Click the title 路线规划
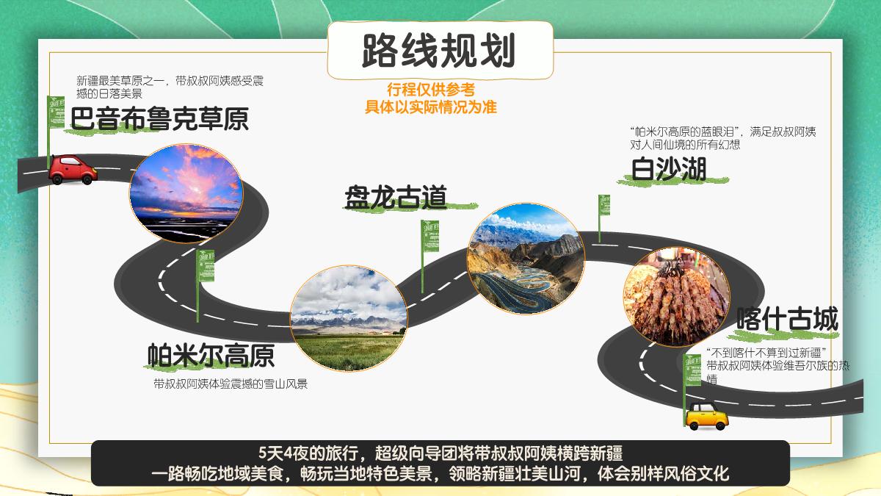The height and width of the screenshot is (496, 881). pos(439,50)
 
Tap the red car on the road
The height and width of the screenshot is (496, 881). pos(72,169)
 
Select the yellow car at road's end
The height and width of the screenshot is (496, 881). pos(706,416)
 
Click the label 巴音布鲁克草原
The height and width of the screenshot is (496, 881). pos(159,119)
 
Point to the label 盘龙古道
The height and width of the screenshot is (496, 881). pos(396,197)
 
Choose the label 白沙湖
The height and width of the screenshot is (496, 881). pos(669,169)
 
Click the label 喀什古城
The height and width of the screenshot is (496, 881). pos(787,320)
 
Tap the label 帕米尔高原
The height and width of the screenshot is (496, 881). pos(211,355)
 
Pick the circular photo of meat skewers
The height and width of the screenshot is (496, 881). pos(676,296)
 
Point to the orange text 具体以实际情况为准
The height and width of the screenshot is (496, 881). pos(431,107)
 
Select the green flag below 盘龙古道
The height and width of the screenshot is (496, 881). pos(429,237)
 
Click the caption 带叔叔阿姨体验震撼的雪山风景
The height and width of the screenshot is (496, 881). pos(230,384)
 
